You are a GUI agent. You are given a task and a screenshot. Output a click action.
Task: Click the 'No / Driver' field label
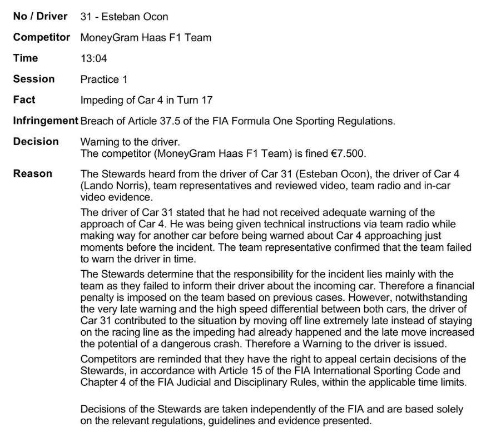(x=40, y=16)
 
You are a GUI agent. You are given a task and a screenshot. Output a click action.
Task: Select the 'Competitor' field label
(x=42, y=37)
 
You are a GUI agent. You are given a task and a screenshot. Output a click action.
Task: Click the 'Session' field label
(x=34, y=79)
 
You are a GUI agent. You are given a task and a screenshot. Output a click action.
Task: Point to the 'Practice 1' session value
(x=104, y=80)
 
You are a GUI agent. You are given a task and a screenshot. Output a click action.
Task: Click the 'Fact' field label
(x=24, y=100)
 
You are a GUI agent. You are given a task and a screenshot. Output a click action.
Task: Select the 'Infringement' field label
(x=46, y=121)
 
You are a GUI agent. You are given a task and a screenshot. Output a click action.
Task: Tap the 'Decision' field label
(x=36, y=142)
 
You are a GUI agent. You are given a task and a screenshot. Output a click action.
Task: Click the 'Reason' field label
(x=32, y=173)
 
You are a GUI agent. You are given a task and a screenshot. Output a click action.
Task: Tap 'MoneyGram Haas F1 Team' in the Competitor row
(x=146, y=38)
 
